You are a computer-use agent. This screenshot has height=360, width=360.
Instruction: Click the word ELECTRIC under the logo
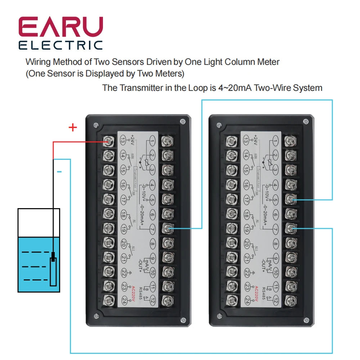point(61,45)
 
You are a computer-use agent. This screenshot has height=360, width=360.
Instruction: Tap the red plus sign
point(73,127)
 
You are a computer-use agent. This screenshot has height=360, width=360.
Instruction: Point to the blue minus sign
point(59,172)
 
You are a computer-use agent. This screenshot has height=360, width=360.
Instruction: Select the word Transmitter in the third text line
point(141,87)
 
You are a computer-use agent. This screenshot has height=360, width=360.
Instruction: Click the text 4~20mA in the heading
point(235,87)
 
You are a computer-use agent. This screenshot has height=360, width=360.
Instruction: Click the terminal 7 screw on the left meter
point(167,228)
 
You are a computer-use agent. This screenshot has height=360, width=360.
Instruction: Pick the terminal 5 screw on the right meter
point(291,199)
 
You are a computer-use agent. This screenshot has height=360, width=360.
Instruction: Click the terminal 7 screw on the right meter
point(291,228)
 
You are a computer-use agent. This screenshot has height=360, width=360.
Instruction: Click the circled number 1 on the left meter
point(153,140)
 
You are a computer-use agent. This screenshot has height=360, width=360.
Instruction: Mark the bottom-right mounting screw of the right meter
point(306,320)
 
